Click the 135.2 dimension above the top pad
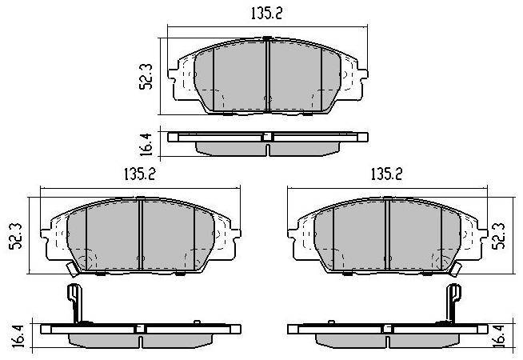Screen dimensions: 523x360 tap(266, 14)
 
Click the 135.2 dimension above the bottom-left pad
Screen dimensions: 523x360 tap(140, 174)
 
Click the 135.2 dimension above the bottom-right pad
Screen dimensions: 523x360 tap(386, 174)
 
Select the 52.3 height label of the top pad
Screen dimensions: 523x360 tap(146, 77)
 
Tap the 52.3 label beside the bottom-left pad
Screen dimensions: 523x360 tap(16, 236)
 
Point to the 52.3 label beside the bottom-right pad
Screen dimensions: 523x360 tap(499, 236)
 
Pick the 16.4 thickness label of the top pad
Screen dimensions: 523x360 tap(146, 144)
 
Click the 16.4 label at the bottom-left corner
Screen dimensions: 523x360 tap(19, 336)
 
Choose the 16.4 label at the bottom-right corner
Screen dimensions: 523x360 tap(499, 336)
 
